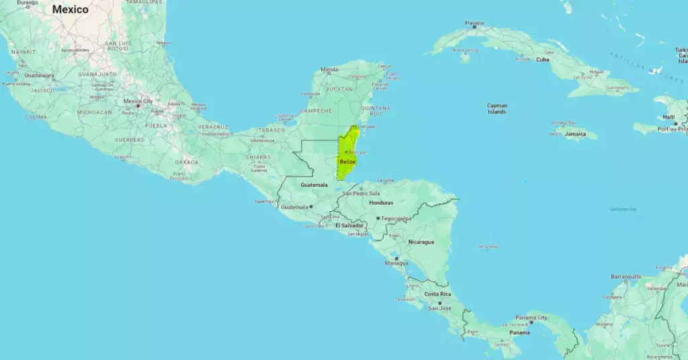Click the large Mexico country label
[70, 9]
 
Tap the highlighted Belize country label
[347, 162]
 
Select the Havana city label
[474, 24]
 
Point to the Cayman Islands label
[497, 108]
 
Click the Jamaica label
[575, 134]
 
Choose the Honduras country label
[381, 203]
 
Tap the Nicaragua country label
[421, 242]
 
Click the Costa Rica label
[437, 294]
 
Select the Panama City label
[531, 318]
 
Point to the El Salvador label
[349, 226]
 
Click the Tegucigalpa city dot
[378, 218]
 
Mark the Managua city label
[396, 263]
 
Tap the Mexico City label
[138, 101]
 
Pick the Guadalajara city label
[39, 75]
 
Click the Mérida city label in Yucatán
[329, 69]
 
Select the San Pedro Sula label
[361, 193]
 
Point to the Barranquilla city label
[626, 277]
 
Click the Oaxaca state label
[186, 162]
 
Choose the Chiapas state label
[258, 157]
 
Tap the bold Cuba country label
[542, 59]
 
